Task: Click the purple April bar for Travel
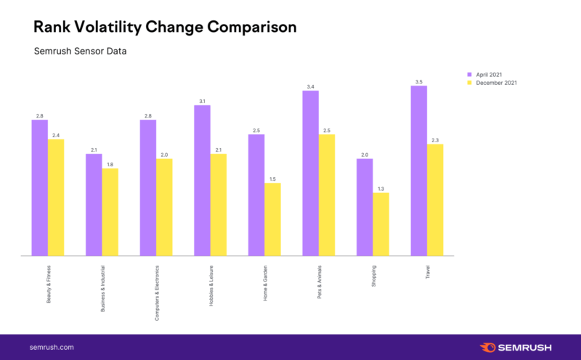(419, 171)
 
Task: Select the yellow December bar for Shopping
(381, 224)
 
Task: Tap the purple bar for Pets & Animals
(311, 173)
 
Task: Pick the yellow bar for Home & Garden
(272, 219)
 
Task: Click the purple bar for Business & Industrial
(94, 205)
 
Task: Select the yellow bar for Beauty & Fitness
(56, 197)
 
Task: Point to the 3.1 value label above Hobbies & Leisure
(202, 101)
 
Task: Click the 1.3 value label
(381, 188)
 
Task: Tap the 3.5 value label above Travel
(419, 81)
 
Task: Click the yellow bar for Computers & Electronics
(164, 207)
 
